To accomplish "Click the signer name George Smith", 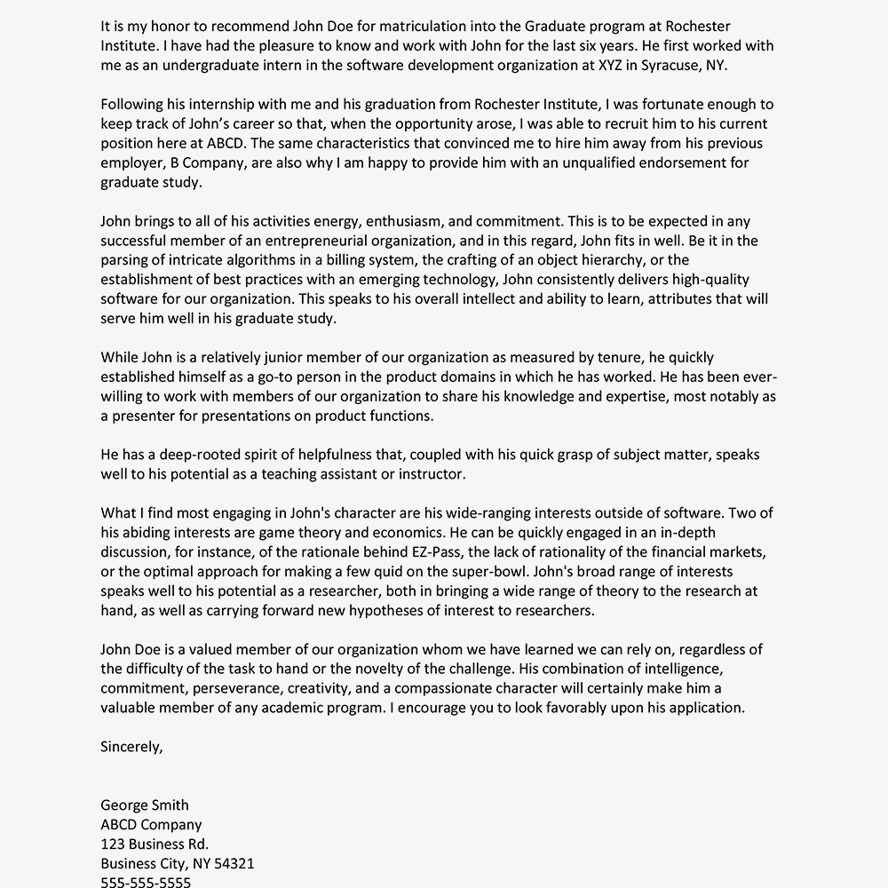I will point(144,805).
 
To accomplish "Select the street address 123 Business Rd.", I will point(155,844).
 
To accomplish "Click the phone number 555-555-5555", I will point(146,882).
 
